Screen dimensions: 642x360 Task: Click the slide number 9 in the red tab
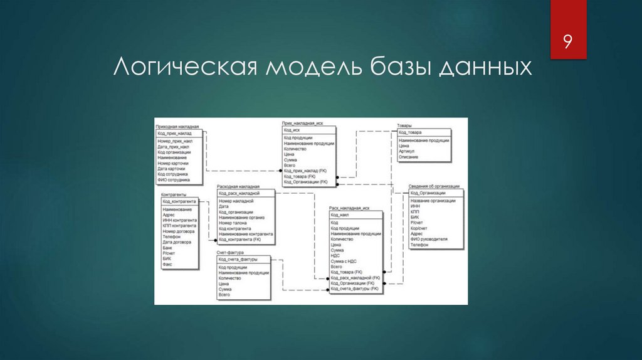(x=567, y=42)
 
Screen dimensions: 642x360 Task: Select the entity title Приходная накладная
(x=177, y=127)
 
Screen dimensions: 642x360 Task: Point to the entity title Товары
(x=404, y=126)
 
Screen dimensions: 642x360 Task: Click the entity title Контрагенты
(x=174, y=195)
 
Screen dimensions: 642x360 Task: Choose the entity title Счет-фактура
(x=230, y=252)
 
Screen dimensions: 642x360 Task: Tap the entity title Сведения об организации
(x=434, y=186)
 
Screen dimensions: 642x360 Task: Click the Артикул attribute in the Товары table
(x=409, y=151)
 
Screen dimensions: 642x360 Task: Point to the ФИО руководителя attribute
(x=429, y=240)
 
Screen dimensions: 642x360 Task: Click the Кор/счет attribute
(x=418, y=228)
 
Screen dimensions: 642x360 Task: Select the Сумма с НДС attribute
(x=344, y=261)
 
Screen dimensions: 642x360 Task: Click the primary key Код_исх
(x=292, y=130)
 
